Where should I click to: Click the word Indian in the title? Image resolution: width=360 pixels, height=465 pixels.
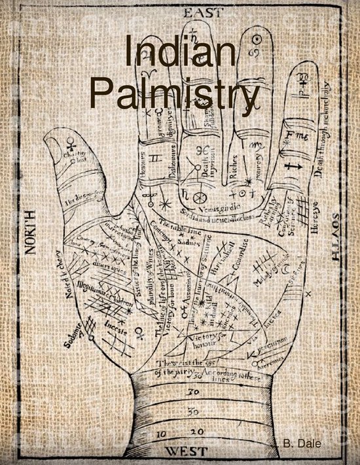pyautogui.click(x=181, y=52)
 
